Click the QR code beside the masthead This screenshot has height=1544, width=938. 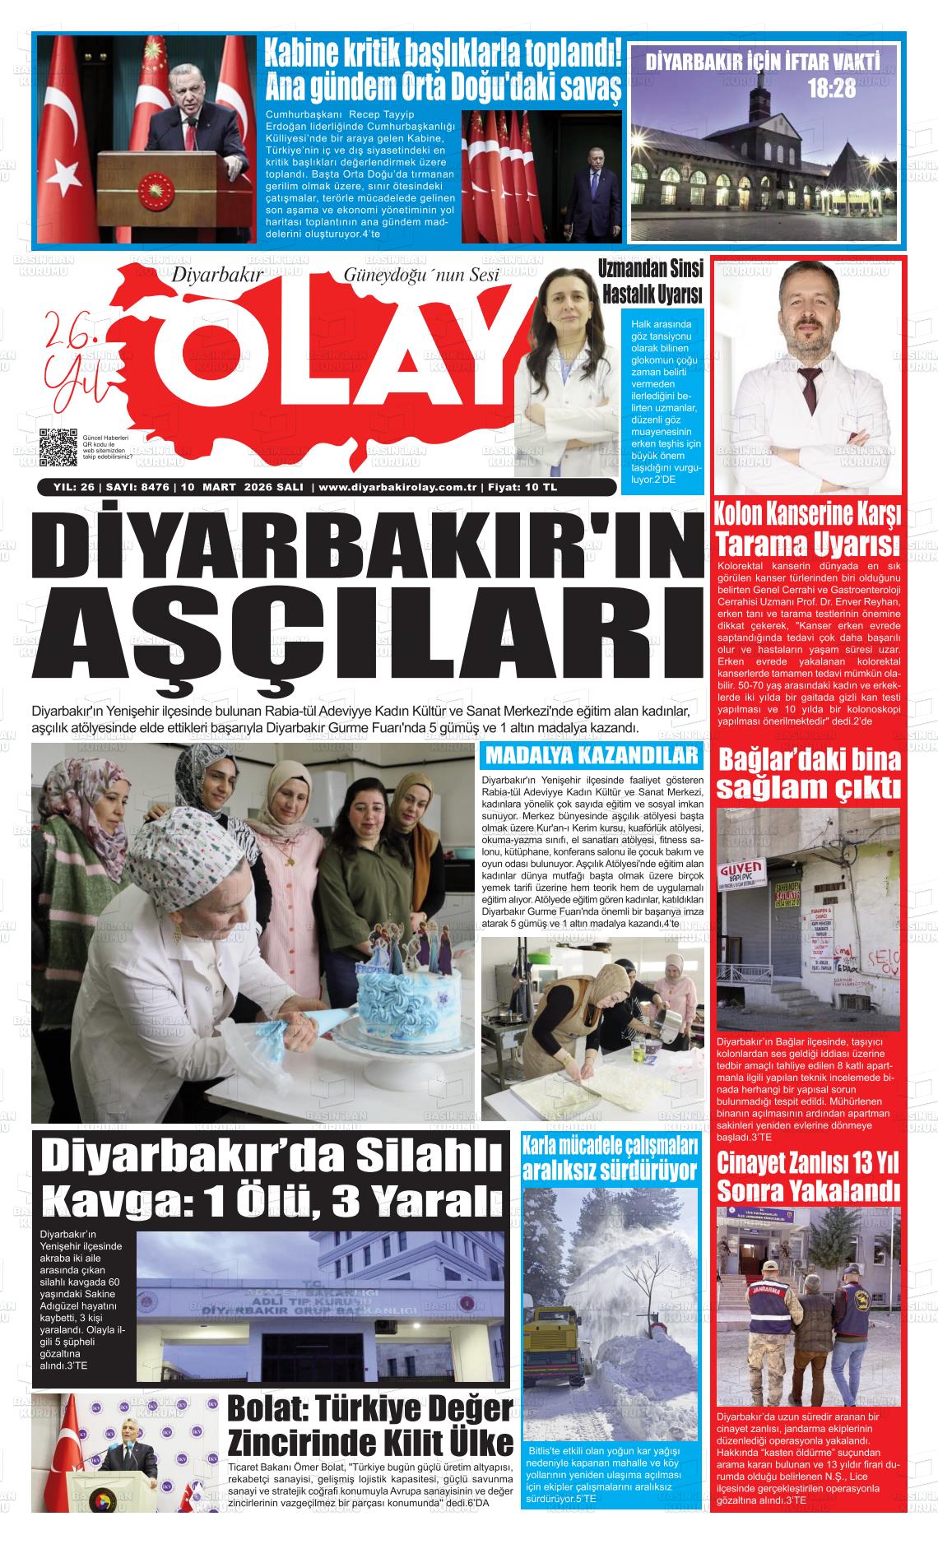(58, 447)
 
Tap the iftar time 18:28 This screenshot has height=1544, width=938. (831, 88)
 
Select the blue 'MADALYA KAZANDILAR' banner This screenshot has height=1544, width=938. (592, 756)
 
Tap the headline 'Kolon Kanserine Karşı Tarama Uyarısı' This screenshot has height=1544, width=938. (807, 529)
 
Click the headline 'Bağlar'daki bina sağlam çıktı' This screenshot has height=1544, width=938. (808, 772)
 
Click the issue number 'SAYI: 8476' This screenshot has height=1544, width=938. (137, 487)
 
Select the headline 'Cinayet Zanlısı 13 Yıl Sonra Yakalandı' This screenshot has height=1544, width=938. (807, 1177)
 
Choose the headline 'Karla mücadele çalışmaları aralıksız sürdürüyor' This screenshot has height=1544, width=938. (610, 1157)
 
